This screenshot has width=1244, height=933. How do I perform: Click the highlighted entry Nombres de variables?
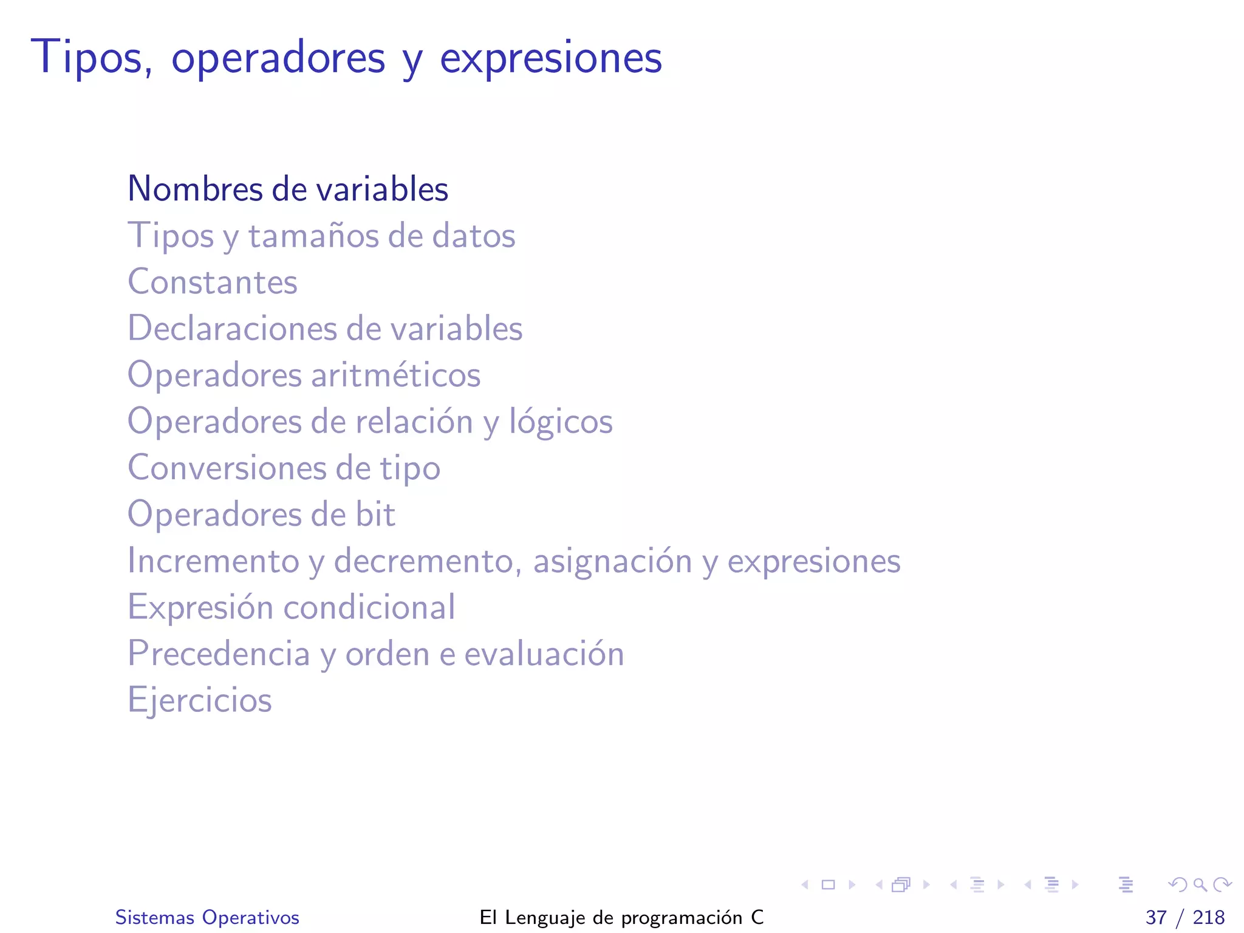(x=288, y=189)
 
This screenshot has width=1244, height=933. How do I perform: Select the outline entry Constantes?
(x=213, y=282)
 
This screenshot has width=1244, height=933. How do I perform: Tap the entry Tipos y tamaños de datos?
(x=321, y=236)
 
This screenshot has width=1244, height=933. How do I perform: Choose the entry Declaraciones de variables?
(x=325, y=329)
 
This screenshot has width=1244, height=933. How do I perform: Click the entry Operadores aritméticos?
(x=304, y=375)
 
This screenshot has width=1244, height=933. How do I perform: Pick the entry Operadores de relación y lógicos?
(x=370, y=422)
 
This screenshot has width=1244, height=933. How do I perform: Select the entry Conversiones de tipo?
(x=284, y=468)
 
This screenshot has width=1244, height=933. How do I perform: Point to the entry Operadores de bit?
(x=261, y=514)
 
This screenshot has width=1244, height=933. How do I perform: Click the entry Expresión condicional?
(x=291, y=607)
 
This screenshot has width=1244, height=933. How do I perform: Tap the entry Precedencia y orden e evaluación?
(x=375, y=654)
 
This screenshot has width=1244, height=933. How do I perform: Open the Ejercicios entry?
(x=199, y=700)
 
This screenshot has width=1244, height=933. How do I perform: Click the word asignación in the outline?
(x=612, y=561)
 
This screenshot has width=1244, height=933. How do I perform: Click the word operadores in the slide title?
(x=278, y=58)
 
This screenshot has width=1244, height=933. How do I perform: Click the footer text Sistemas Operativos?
(x=207, y=917)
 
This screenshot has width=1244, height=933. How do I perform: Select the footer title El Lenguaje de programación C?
(x=621, y=917)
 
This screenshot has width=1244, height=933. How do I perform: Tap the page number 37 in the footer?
(x=1156, y=917)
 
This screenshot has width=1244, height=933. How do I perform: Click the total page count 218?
(x=1209, y=917)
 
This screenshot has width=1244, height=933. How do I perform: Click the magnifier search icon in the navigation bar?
(x=1200, y=885)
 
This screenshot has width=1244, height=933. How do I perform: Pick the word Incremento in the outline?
(x=213, y=561)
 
